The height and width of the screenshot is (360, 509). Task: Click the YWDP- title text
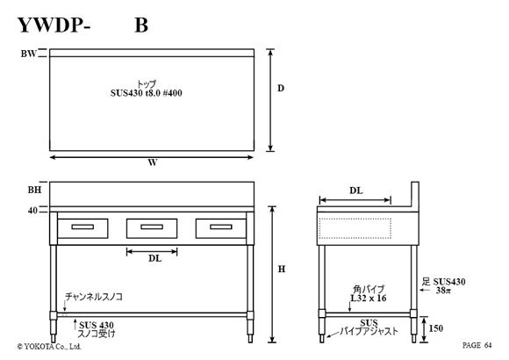coord(54,25)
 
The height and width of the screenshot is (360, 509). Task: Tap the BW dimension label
coord(29,54)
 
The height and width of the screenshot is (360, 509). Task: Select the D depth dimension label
coord(281,88)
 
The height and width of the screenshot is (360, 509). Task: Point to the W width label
coord(153,162)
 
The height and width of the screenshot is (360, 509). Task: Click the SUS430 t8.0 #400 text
coord(146,93)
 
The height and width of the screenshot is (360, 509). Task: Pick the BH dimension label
coord(34,190)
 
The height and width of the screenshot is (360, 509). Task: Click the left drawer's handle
coord(82,227)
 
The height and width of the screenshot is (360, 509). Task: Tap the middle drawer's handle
coord(152,227)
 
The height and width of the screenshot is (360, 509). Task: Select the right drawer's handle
coord(221,227)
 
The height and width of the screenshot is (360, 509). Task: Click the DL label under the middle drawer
coord(154,259)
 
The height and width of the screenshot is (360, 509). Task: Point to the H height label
coord(282,270)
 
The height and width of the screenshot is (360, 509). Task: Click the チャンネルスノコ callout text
coord(94,297)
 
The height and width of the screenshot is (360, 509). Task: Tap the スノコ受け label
coord(97,334)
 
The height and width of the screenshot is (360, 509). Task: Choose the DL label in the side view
coord(356,191)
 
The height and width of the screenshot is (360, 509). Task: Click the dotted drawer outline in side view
coord(355,219)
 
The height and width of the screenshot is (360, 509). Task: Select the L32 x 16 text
coord(369,299)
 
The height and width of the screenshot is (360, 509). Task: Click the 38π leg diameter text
coord(443,290)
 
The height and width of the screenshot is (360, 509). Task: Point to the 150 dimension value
coord(436,328)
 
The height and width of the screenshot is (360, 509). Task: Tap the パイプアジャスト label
coord(369,331)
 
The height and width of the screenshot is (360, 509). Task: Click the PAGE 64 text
coord(477,345)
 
